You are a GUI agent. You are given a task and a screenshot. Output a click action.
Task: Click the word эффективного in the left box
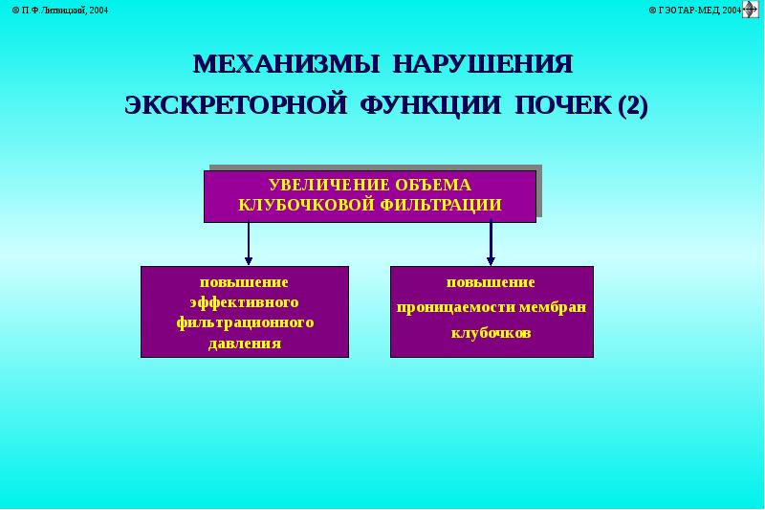coord(245,302)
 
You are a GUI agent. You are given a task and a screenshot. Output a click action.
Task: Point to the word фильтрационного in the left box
coord(245,322)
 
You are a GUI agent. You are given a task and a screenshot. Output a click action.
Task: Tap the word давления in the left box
coord(245,343)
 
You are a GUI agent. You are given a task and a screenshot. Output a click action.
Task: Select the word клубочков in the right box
coord(491,333)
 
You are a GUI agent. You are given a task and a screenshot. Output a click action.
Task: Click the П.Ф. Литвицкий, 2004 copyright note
coord(62,10)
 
